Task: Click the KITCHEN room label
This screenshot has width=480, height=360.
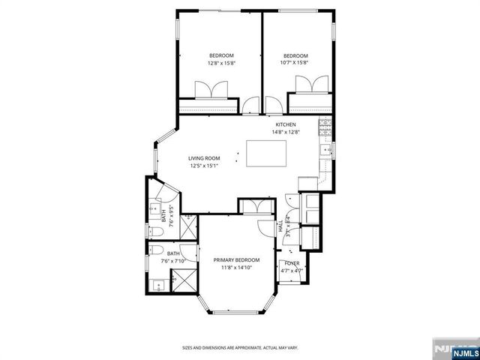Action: pos(286,124)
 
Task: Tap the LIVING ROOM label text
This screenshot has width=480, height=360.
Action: pos(203,158)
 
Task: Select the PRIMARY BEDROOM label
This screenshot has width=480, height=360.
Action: pos(234,259)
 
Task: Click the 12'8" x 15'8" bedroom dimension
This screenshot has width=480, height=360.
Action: pos(221,63)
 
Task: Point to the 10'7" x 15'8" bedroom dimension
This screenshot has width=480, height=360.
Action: pos(295,63)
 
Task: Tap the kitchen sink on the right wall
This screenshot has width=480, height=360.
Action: pos(325,151)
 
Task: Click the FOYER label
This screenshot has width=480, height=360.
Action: pos(289,262)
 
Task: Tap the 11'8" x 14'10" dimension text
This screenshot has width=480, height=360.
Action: pos(234,267)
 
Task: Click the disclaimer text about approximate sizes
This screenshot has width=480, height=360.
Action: pos(239,347)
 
